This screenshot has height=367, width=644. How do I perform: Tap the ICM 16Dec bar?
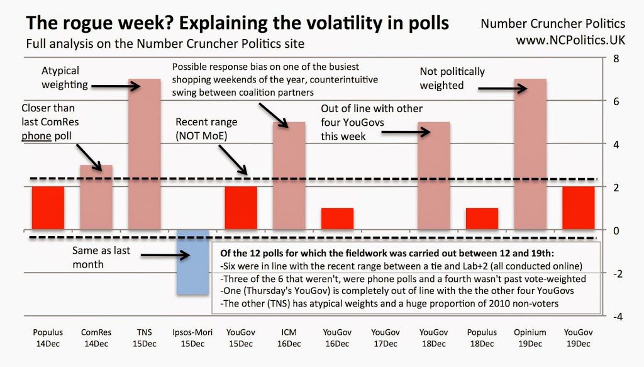[289, 176]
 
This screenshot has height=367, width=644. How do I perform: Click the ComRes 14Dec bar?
[96, 198]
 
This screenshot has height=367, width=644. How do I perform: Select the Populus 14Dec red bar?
[48, 208]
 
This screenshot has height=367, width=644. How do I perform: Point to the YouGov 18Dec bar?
[433, 176]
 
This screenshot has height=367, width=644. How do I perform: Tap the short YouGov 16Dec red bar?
[336, 219]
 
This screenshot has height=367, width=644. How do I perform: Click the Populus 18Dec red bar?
[482, 219]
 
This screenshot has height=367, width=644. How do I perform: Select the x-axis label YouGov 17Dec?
[385, 337]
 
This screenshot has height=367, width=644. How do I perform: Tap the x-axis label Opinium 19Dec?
[530, 337]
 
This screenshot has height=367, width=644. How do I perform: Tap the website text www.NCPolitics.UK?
[570, 39]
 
